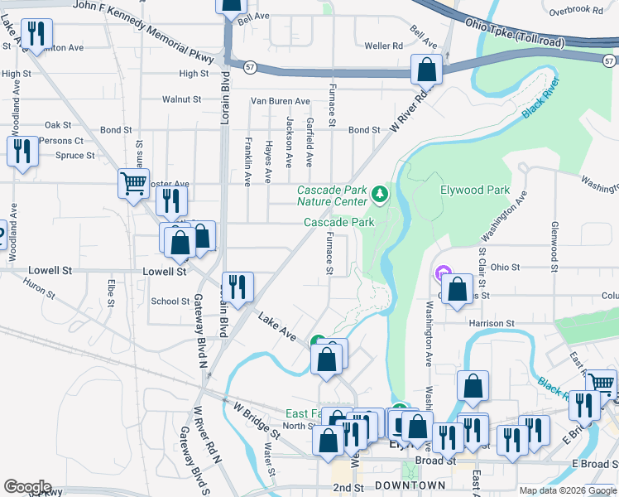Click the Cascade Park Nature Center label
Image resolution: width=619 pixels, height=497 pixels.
(x=332, y=196)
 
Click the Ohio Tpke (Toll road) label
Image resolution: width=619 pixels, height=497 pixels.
(x=515, y=31)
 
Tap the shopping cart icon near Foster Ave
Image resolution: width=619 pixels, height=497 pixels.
(x=133, y=183)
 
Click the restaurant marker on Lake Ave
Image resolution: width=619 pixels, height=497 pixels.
(x=238, y=287)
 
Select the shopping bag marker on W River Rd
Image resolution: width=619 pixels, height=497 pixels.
(x=428, y=70)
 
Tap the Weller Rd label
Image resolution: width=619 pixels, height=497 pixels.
(x=383, y=46)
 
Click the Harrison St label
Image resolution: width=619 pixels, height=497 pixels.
(x=492, y=323)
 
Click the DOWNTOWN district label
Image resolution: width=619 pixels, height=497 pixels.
(x=410, y=485)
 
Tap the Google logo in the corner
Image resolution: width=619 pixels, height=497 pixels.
(x=27, y=487)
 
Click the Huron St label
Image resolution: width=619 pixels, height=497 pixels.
(x=39, y=288)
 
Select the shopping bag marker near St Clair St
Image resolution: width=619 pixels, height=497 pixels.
(x=457, y=289)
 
